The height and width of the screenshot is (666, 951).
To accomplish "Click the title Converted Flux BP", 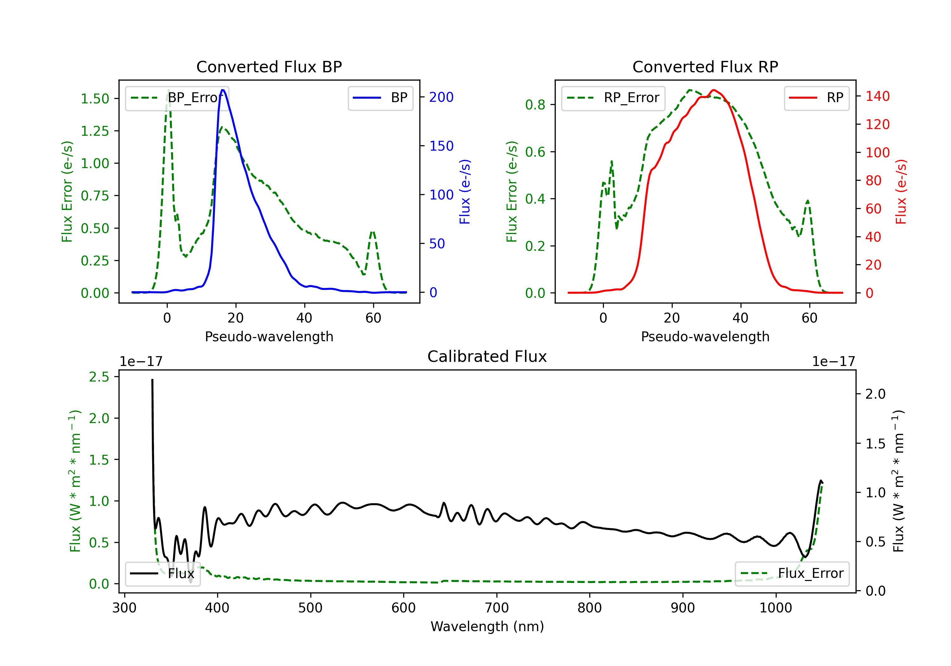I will (x=269, y=67).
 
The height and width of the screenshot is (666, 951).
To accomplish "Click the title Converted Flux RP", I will (x=705, y=67).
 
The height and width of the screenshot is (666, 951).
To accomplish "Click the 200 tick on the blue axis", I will (x=441, y=97).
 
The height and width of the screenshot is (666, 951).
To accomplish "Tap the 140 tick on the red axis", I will (x=877, y=96).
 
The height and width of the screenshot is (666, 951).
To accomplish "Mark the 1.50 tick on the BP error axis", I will (x=95, y=99).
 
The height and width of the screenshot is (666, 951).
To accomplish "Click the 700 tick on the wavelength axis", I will (x=497, y=608).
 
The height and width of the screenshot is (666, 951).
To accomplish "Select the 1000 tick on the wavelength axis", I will (x=775, y=608).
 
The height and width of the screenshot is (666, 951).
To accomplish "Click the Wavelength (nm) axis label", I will (x=487, y=626).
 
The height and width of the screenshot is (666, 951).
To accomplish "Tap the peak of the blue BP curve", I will (x=223, y=90).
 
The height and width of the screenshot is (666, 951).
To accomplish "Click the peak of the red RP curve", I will (x=713, y=90).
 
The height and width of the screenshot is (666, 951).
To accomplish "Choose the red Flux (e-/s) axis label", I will (x=901, y=192).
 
